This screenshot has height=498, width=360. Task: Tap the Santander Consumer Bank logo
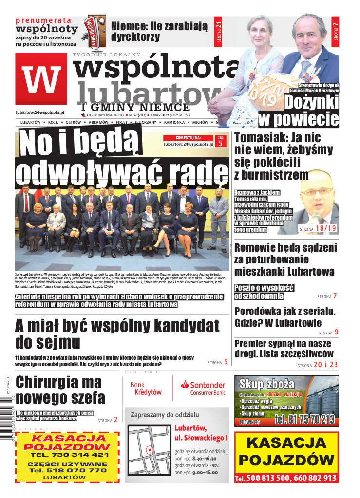(203, 387)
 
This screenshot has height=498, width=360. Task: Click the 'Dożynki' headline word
(311, 102)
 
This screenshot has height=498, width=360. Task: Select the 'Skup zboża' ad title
(267, 384)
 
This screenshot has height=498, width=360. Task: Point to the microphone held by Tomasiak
(315, 217)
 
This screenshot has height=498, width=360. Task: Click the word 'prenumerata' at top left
(43, 21)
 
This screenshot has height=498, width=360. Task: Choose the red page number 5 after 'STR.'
(220, 143)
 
